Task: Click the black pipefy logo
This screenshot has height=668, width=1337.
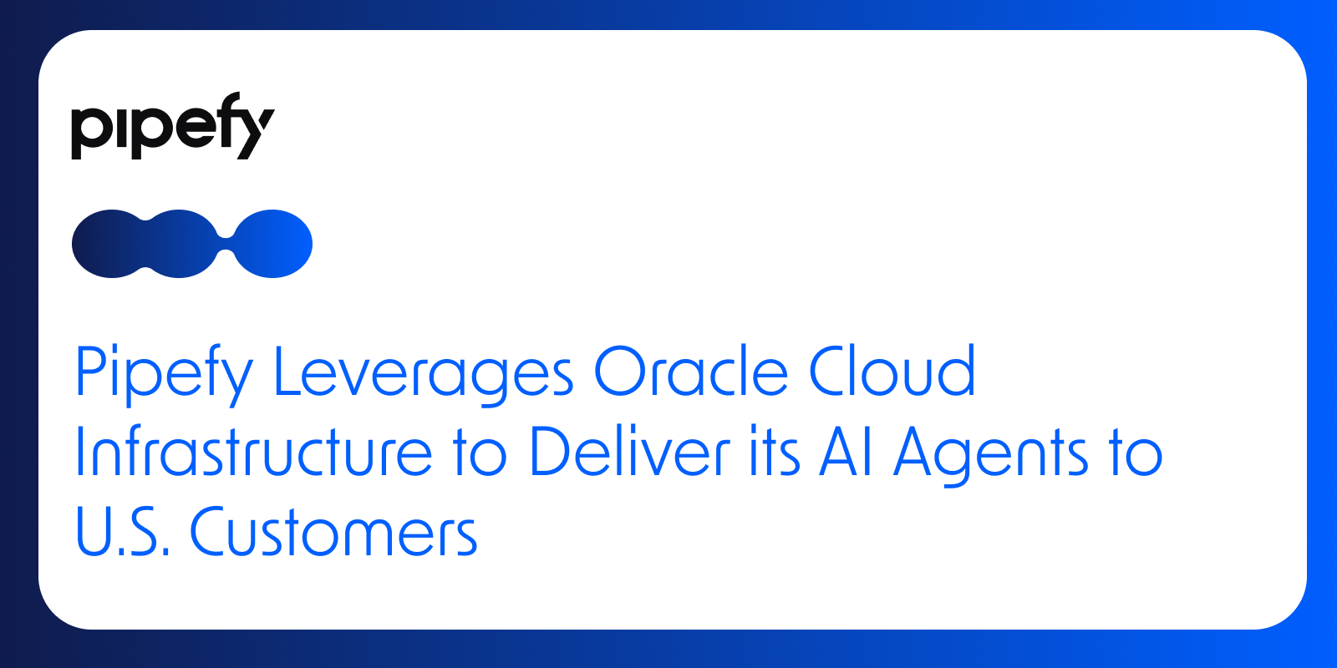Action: pyautogui.click(x=173, y=126)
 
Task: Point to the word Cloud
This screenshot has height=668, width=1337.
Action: pyautogui.click(x=892, y=371)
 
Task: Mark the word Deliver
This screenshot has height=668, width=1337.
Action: pyautogui.click(x=630, y=450)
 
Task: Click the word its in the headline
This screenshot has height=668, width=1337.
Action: pyautogui.click(x=775, y=452)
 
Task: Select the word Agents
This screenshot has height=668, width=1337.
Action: pyautogui.click(x=991, y=456)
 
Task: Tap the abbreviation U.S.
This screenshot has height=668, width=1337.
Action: pyautogui.click(x=123, y=531)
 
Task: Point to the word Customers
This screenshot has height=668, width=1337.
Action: pyautogui.click(x=333, y=531)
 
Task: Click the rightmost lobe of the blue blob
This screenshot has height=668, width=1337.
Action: pyautogui.click(x=272, y=244)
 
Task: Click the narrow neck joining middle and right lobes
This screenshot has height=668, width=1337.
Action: pyautogui.click(x=226, y=244)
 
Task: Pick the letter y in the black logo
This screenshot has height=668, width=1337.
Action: pyautogui.click(x=254, y=134)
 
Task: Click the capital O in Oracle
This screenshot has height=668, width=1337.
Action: pyautogui.click(x=621, y=371)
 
